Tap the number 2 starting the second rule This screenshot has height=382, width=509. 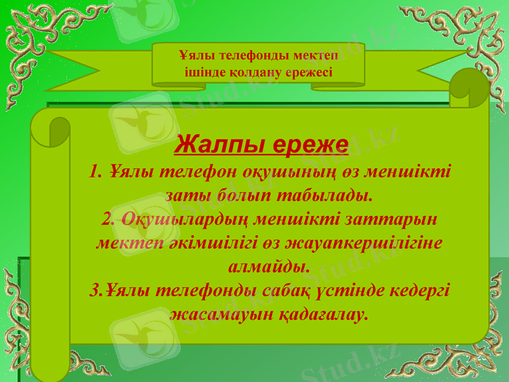pyautogui.click(x=106, y=219)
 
